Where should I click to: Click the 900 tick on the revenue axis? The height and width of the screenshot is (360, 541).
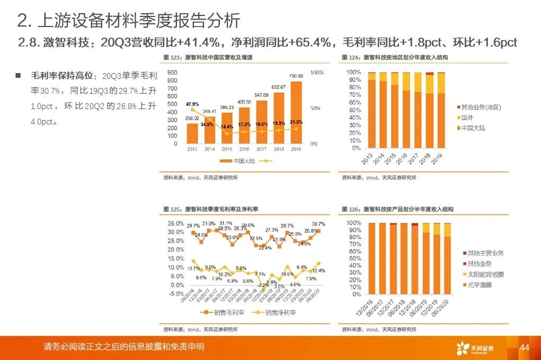(171, 72)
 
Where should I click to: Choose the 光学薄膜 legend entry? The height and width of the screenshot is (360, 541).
(477, 285)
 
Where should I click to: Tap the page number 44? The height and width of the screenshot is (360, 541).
(525, 347)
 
